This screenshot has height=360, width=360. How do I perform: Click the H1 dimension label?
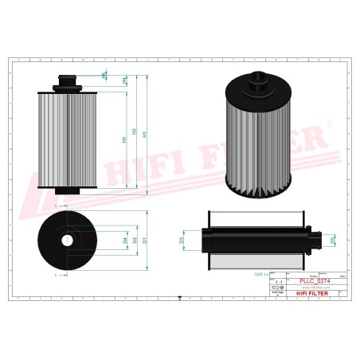coord(145,135)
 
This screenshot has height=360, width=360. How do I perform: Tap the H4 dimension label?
coord(125,80)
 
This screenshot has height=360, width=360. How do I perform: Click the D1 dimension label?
coord(145,239)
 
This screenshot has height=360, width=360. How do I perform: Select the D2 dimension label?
coord(135,239)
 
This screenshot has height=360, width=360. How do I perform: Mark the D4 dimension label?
coord(125,239)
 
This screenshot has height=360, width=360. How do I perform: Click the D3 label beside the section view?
coord(182,239)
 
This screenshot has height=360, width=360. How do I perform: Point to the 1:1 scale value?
coord(277,283)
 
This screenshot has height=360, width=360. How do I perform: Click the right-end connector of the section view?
coord(316,237)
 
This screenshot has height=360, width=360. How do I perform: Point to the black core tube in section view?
coord(255,237)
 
